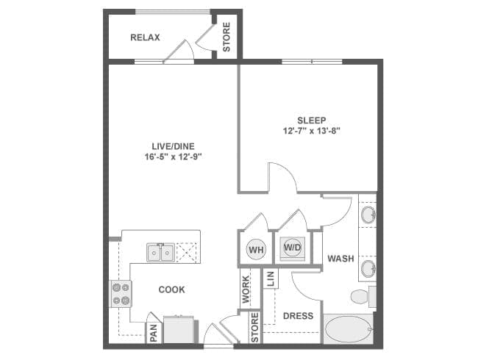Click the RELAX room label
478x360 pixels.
pos(145,37)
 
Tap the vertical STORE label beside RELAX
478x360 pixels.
pos(226,37)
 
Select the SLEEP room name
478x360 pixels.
pos(311,120)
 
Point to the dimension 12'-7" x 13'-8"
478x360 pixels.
pos(311,132)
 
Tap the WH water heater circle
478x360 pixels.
pos(255,248)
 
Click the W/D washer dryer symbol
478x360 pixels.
pos(292,248)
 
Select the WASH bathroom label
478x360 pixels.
pos(340,259)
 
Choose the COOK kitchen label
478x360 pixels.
pos(171,289)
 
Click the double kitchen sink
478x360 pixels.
pos(160,253)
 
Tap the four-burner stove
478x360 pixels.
pos(121,294)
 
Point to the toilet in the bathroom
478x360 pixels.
pos(361,297)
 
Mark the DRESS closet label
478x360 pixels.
pos(298,317)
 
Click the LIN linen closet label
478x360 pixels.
pos(270,279)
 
